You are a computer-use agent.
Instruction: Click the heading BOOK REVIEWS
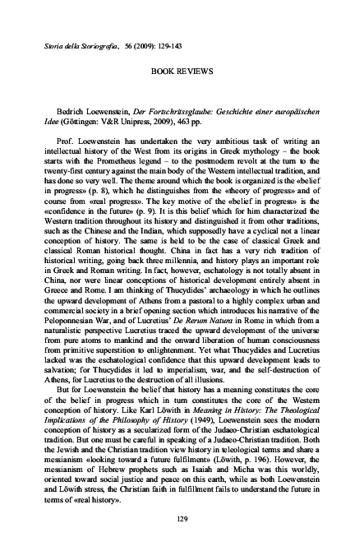(x=182, y=72)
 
